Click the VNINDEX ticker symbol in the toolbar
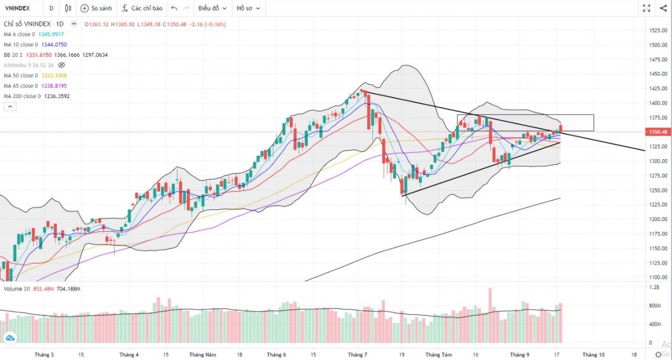[17, 8]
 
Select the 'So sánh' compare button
[96, 8]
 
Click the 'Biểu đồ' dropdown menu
[212, 8]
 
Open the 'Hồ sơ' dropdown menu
[248, 8]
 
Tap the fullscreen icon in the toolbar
[647, 8]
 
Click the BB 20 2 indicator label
[15, 55]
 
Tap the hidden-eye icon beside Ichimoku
[61, 65]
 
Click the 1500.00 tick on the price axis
[658, 45]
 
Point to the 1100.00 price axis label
[658, 277]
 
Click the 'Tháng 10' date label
[593, 354]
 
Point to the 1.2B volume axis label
[654, 288]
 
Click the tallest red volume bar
[490, 315]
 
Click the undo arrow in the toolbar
[174, 8]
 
